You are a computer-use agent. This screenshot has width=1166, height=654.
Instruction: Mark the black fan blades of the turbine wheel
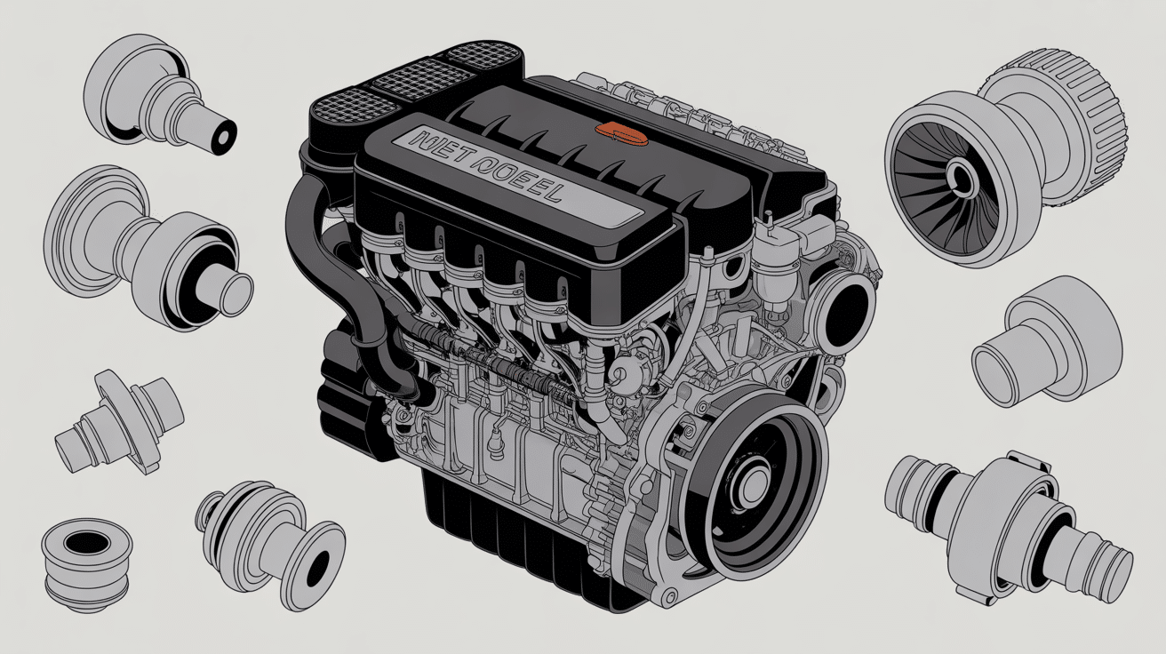(x=924, y=178)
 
